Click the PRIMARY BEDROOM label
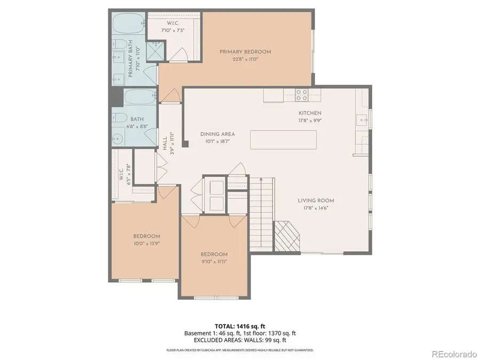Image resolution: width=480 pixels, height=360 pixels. pyautogui.click(x=245, y=52)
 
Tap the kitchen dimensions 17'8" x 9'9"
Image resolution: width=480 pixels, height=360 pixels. pyautogui.click(x=309, y=121)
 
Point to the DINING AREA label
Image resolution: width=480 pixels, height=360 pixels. pyautogui.click(x=218, y=134)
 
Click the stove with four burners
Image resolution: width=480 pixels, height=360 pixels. pyautogui.click(x=302, y=95)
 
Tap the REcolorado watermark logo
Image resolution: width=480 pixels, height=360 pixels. pyautogui.click(x=453, y=353)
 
